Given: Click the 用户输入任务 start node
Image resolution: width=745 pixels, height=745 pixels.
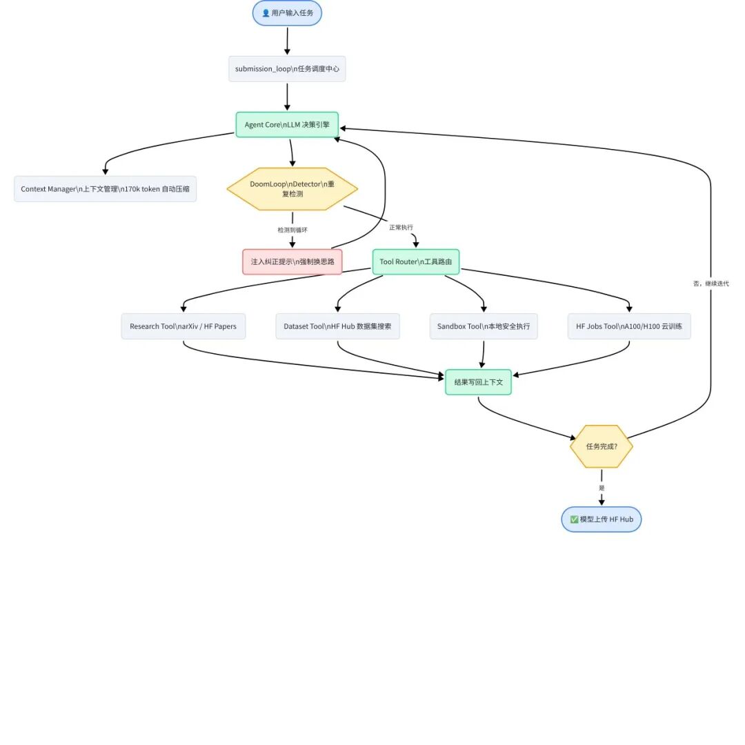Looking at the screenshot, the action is point(287,13).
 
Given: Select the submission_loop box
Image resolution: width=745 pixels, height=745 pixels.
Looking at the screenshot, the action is point(287,69).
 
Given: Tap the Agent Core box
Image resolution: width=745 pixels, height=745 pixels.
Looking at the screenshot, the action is point(287,124).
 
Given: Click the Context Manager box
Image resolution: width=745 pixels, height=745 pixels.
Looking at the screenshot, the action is point(105,188).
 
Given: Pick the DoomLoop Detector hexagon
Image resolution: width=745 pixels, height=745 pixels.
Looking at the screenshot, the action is point(292,188).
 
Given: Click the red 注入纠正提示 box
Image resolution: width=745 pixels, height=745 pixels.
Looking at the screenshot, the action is point(292,262).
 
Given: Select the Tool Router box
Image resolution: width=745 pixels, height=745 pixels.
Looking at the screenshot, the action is point(416,262).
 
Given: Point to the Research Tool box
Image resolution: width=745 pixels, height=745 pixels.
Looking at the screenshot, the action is point(183,326).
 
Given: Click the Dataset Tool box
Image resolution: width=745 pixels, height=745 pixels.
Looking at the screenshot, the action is point(338,326).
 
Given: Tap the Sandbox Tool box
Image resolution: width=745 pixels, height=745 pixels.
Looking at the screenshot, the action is point(484,326).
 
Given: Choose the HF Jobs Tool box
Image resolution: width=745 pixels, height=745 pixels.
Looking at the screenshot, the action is point(629,326).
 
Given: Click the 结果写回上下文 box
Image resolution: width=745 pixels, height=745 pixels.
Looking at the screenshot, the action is point(479,382).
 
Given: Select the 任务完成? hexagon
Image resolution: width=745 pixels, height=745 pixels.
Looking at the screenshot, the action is point(602,446).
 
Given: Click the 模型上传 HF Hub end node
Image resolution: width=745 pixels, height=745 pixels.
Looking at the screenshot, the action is point(602,519).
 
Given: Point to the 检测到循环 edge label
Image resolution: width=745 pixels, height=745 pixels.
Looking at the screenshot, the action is point(292,230).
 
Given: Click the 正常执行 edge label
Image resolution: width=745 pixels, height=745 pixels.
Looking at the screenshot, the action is point(401,228).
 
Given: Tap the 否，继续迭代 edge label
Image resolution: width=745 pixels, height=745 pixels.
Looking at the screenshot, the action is point(711,284).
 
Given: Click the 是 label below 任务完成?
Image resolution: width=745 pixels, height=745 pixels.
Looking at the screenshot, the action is point(602,488).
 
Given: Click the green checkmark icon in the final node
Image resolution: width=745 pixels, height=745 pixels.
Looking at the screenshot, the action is point(574,519).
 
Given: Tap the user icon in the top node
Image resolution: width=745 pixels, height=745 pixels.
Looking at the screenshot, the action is point(266,13).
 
